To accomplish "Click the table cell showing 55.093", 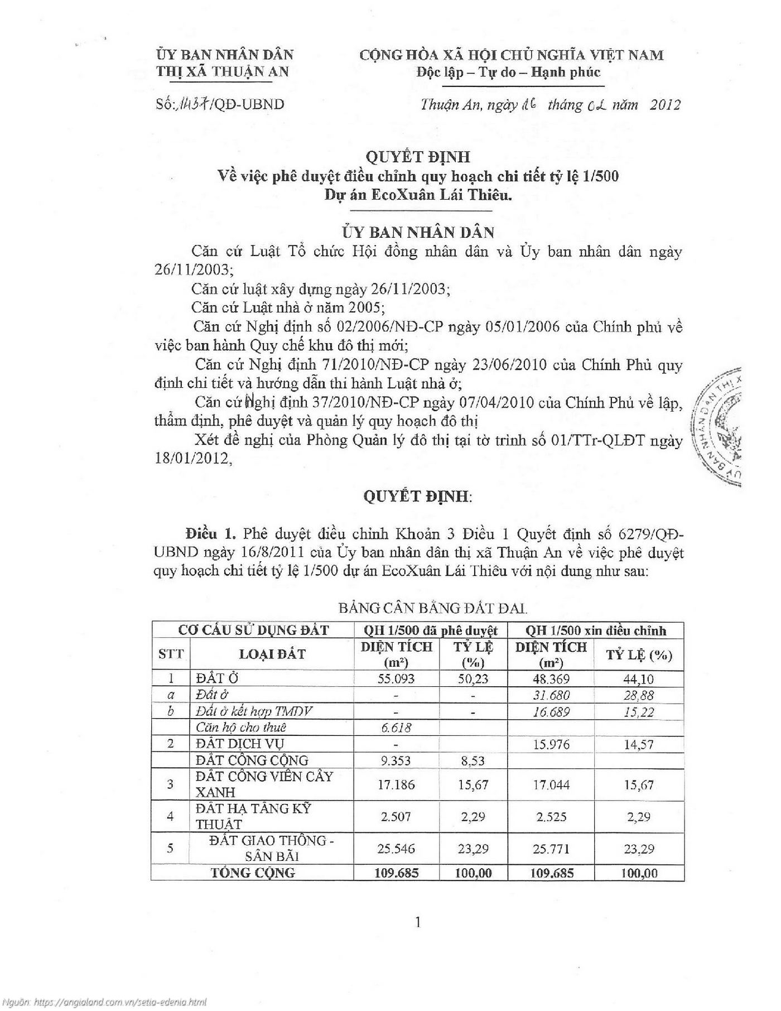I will pos(396,678).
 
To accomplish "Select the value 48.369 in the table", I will pos(551,678).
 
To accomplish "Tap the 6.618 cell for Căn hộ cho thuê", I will pos(396,727).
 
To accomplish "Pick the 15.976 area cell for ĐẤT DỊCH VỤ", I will pos(551,744).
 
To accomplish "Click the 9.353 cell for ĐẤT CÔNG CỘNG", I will pos(396,760).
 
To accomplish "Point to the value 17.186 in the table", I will pos(396,784).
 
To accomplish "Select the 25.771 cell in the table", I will pos(551,849).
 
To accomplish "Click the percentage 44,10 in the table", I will pos(639,679).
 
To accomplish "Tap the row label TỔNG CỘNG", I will pos(253,873).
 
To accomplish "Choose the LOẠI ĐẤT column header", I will pos(272,654).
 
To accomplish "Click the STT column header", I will pos(171,654).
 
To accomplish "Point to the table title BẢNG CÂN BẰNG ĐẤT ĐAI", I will pos(432,608).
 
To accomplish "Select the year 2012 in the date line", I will pos(665,105).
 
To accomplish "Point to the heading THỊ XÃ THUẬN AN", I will pos(222,71).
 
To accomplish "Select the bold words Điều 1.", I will pos(212,533).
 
